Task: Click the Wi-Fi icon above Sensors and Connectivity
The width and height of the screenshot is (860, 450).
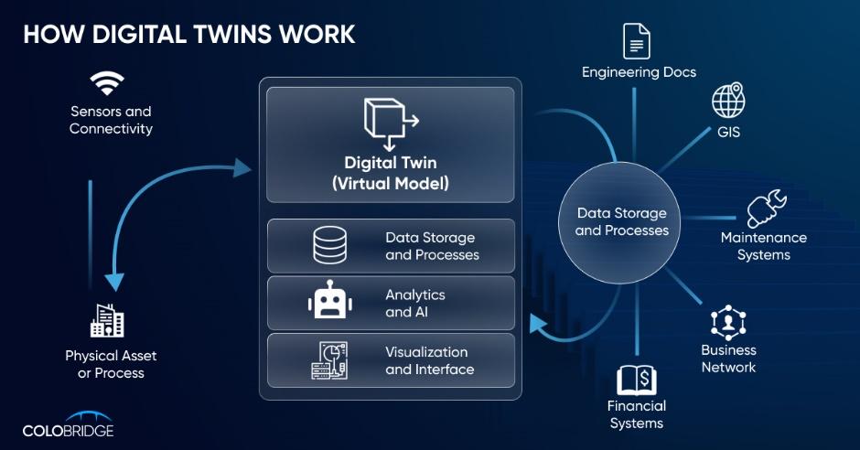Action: tap(107, 84)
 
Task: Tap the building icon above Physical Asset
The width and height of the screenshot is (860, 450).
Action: tap(107, 320)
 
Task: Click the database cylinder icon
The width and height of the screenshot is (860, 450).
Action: tap(329, 245)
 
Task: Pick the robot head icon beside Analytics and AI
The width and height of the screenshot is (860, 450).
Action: tap(329, 303)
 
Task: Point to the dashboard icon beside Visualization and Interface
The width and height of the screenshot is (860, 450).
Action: tap(329, 360)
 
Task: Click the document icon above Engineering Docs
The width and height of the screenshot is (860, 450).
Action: tap(637, 41)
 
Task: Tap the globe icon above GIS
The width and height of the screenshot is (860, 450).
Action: tap(729, 99)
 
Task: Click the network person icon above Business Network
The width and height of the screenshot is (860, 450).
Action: tap(729, 322)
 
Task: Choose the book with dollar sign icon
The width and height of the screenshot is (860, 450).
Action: tap(637, 380)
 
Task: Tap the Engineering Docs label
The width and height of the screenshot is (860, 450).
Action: tap(639, 71)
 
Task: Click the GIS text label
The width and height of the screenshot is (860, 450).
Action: tap(729, 133)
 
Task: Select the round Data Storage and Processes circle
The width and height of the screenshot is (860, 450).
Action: tap(622, 221)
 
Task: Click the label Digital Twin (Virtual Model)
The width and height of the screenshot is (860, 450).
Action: tap(390, 172)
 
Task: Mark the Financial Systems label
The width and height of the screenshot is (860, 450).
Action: tap(637, 414)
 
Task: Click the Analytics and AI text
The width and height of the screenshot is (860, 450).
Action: tap(415, 303)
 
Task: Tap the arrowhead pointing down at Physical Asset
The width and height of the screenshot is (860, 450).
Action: tap(114, 281)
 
